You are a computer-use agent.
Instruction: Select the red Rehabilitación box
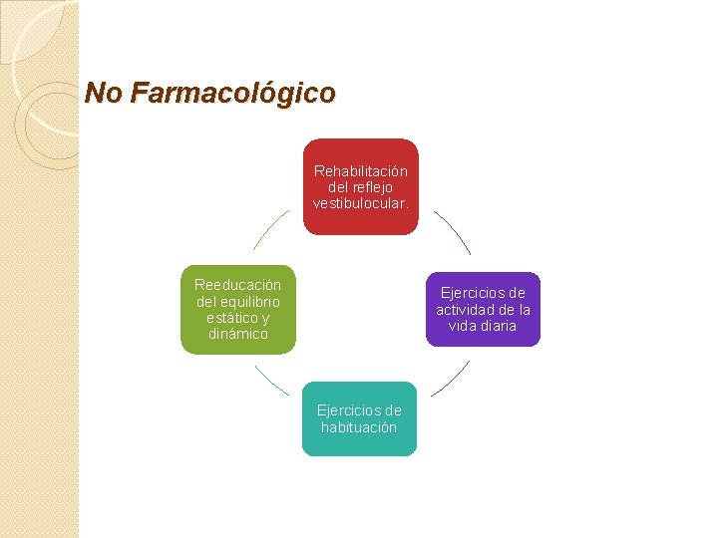coord(360,186)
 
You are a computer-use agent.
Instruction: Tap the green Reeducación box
coord(238,309)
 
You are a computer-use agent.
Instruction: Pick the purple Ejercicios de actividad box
coord(483,309)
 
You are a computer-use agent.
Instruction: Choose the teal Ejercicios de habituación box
coord(359,418)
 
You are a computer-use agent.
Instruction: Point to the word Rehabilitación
coord(360,171)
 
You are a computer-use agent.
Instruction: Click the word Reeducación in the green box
coord(238,285)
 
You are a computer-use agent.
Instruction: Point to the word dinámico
coord(238,335)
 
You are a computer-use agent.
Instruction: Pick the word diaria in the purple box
coord(496,326)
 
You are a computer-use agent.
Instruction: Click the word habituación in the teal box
coord(359,427)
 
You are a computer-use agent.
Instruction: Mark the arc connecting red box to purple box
coord(454,232)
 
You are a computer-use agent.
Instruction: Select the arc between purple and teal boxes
coord(451,379)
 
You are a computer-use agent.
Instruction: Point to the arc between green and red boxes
coord(270,230)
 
